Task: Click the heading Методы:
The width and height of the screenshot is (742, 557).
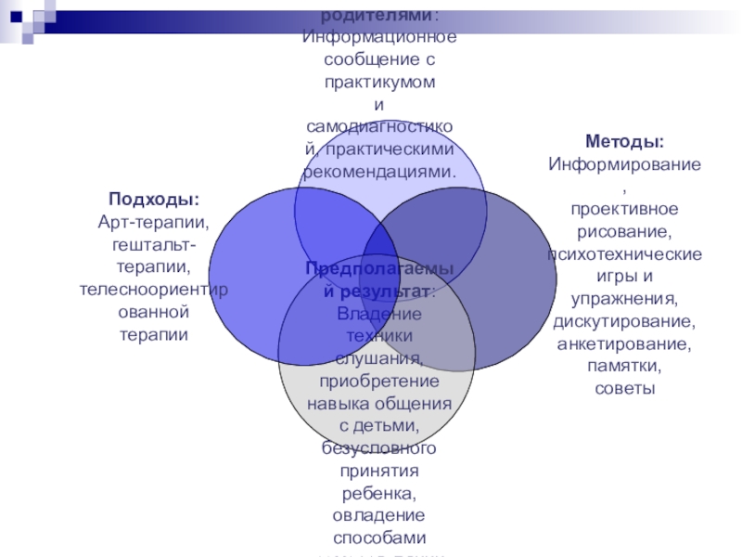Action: pos(624,143)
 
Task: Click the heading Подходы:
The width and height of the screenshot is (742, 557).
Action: pos(154,200)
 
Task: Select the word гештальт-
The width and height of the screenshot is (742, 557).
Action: pos(154,244)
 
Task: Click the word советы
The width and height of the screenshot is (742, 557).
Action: pos(624,388)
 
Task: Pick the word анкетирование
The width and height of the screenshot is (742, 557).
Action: pos(623,343)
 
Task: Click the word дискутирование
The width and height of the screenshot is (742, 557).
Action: pos(623,321)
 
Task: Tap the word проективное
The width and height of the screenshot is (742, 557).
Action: pos(624,208)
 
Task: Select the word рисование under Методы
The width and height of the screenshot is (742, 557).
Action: pos(623,230)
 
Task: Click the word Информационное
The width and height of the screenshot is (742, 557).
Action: pos(379,37)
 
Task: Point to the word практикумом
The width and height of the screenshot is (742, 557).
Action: pos(379,82)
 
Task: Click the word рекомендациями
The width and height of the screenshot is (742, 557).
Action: pos(379,172)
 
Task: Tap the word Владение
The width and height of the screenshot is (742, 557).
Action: pos(379,314)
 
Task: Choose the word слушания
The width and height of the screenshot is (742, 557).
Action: pos(379,358)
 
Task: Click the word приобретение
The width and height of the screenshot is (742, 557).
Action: pos(379,381)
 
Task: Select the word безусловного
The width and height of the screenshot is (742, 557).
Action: pos(379,448)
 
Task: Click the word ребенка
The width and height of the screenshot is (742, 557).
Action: pos(378,493)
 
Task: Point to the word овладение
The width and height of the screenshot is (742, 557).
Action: pos(379,515)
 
